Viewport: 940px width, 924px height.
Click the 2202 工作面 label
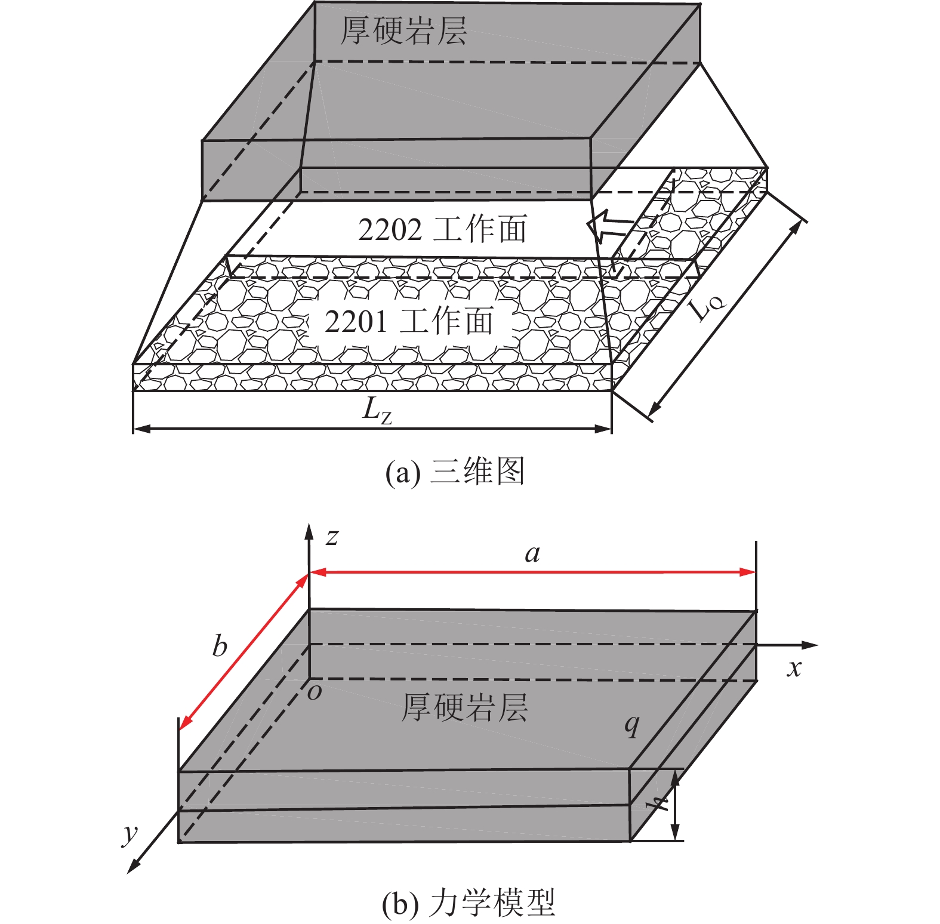(442, 229)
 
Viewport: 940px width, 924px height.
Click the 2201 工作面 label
(409, 321)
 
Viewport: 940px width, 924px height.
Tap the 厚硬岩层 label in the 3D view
(403, 30)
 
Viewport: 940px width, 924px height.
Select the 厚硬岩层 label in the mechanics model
(464, 707)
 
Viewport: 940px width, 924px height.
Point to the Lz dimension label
(378, 411)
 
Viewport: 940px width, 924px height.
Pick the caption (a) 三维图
(455, 472)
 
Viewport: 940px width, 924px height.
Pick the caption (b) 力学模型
(469, 903)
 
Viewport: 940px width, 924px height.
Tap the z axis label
(332, 537)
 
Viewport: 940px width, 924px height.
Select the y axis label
(130, 834)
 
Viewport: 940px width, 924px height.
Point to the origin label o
(315, 692)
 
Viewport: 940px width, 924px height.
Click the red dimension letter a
(532, 555)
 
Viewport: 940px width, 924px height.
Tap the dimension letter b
(220, 646)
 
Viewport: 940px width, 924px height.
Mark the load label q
(631, 725)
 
